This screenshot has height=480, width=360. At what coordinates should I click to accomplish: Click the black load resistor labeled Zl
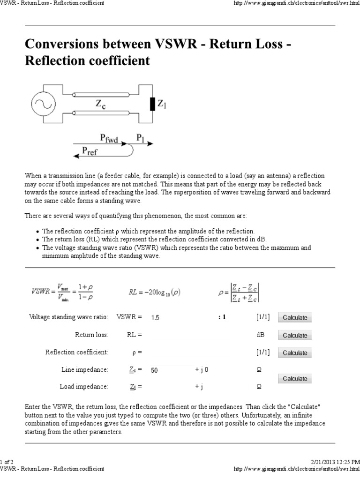152,104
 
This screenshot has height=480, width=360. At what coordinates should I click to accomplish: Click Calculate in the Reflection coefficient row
295,353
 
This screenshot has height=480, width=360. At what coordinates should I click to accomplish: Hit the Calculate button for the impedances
295,378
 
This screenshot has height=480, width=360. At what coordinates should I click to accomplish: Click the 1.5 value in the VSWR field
156,318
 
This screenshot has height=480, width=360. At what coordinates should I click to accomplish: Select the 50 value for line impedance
155,370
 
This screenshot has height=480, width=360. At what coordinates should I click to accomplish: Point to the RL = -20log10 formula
155,292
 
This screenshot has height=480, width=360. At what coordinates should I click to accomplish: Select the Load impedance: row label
84,387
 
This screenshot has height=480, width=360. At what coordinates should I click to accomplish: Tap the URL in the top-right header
293,3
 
